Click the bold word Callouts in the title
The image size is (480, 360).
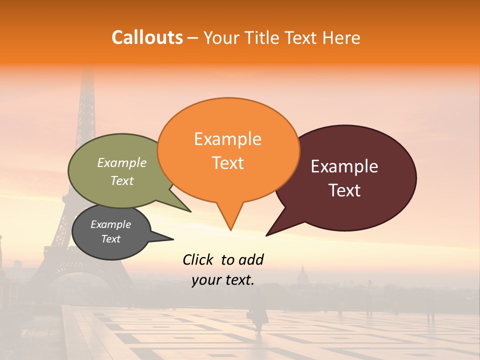tap(147, 37)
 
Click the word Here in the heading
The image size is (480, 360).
tap(341, 37)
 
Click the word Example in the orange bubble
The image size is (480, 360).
tap(228, 138)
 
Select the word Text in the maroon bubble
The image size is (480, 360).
tap(345, 190)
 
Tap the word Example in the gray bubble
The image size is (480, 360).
tap(110, 224)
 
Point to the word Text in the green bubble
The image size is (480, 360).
tap(122, 180)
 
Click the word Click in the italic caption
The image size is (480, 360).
tap(198, 259)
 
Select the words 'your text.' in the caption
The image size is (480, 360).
tap(223, 280)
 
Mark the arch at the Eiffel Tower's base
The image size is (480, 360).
tap(80, 285)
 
